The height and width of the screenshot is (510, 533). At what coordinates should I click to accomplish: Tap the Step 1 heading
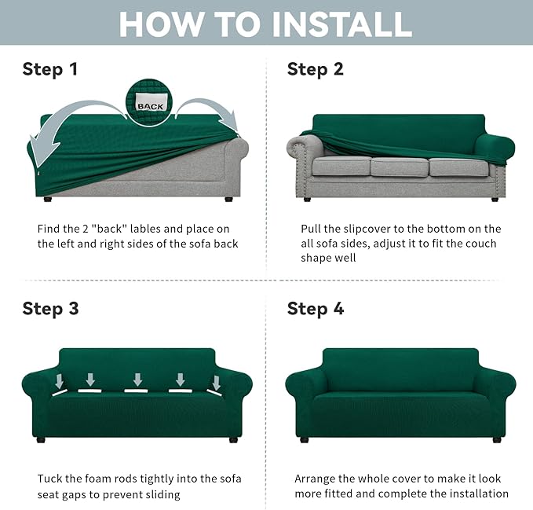pos(50,69)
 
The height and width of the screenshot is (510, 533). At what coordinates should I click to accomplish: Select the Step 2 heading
pos(316,69)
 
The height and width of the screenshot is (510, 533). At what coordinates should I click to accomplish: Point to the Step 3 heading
pos(50,308)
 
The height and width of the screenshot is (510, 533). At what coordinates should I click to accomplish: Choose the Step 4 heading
pos(316,308)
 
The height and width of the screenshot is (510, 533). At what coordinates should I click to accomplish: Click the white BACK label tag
pos(151,105)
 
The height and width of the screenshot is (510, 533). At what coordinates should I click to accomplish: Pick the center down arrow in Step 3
pos(138,380)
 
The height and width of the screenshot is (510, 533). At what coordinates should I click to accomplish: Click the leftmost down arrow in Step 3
pos(60,383)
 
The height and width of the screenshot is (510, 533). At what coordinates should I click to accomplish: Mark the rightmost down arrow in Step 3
pos(216,383)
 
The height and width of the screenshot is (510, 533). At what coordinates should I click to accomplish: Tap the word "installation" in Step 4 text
pos(478,493)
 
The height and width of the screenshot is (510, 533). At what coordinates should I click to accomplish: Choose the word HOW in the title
pos(155,24)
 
